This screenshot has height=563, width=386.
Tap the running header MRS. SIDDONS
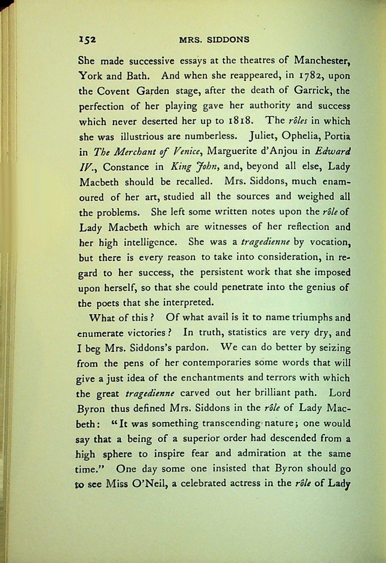pyautogui.click(x=214, y=40)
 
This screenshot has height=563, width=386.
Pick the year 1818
pyautogui.click(x=241, y=121)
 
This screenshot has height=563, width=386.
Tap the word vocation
pyautogui.click(x=329, y=242)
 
